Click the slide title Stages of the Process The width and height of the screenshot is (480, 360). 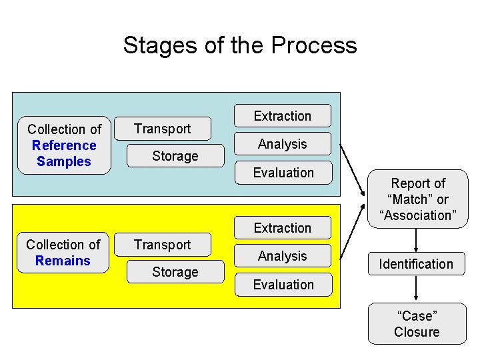point(240,45)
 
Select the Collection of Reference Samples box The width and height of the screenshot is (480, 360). point(64,145)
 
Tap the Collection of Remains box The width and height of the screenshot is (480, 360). point(63,253)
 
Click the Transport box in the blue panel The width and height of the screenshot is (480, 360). point(163,129)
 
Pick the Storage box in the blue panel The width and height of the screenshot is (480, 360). point(175,156)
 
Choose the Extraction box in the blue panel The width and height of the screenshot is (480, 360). point(283,116)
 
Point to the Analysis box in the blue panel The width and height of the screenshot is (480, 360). point(283,144)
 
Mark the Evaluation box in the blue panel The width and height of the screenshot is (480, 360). point(283,173)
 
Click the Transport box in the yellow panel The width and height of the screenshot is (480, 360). point(163,245)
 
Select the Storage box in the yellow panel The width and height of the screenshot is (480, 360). point(175,272)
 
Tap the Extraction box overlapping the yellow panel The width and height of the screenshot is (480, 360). point(283,228)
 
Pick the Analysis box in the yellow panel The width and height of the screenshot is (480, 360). point(283,256)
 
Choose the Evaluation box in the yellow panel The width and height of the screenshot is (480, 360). point(283,285)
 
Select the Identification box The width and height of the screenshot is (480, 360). point(416,264)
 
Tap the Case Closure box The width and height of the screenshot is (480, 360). point(417,323)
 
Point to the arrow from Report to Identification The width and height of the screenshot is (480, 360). point(416,239)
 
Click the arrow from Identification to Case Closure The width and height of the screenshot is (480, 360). point(416,289)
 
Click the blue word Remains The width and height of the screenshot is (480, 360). point(63,261)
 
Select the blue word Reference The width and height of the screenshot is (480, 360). point(64,145)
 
